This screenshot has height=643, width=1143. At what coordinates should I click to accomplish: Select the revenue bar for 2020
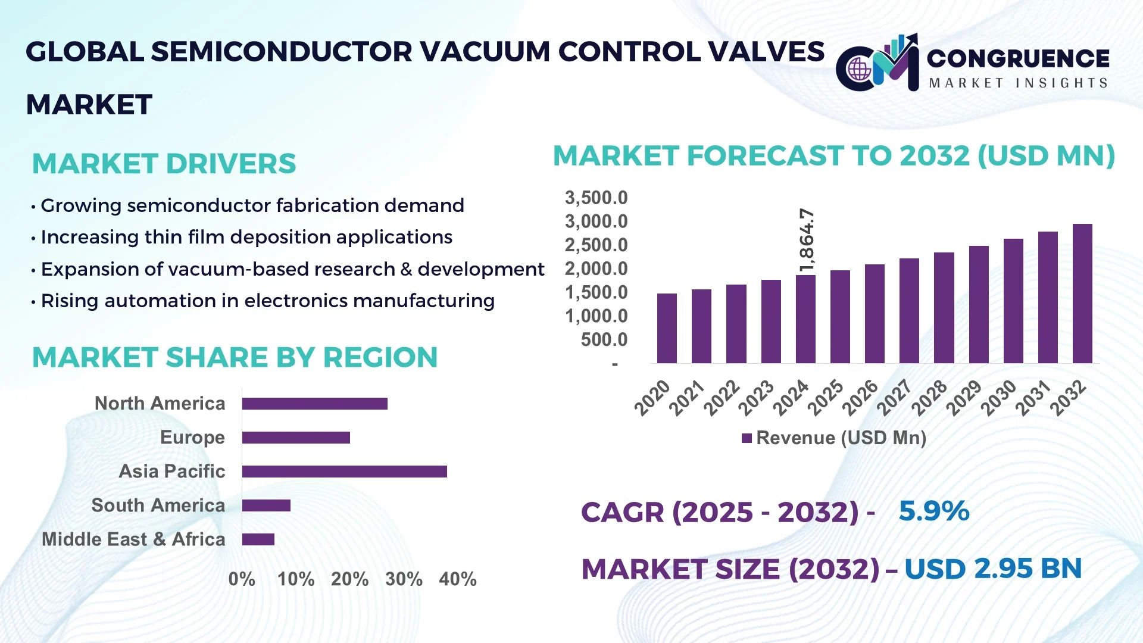point(667,328)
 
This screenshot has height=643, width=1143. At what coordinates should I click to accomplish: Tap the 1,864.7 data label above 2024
point(807,240)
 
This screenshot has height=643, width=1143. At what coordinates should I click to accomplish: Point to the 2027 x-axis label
point(895,397)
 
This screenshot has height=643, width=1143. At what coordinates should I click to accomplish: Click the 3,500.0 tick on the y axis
point(596,198)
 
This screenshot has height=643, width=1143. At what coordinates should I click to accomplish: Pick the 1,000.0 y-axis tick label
point(596,316)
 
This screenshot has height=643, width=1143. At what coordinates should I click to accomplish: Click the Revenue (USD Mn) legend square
point(747,438)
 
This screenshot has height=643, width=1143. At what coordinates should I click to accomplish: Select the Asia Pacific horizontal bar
point(344,472)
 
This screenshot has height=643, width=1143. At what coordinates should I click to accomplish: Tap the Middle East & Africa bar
point(258,539)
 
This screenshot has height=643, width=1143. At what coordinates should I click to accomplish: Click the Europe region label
point(192,438)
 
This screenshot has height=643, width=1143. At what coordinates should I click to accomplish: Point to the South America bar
point(266,505)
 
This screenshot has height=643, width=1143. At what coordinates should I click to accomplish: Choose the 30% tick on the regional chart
point(404,579)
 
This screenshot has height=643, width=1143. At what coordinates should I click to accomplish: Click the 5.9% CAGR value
point(933,511)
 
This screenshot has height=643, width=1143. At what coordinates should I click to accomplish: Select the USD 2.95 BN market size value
point(992,569)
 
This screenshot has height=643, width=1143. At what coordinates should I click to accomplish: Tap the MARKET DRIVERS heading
point(164,164)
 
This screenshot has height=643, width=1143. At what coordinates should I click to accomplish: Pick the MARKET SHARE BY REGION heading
point(235,357)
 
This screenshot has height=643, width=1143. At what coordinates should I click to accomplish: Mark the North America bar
point(314,404)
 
